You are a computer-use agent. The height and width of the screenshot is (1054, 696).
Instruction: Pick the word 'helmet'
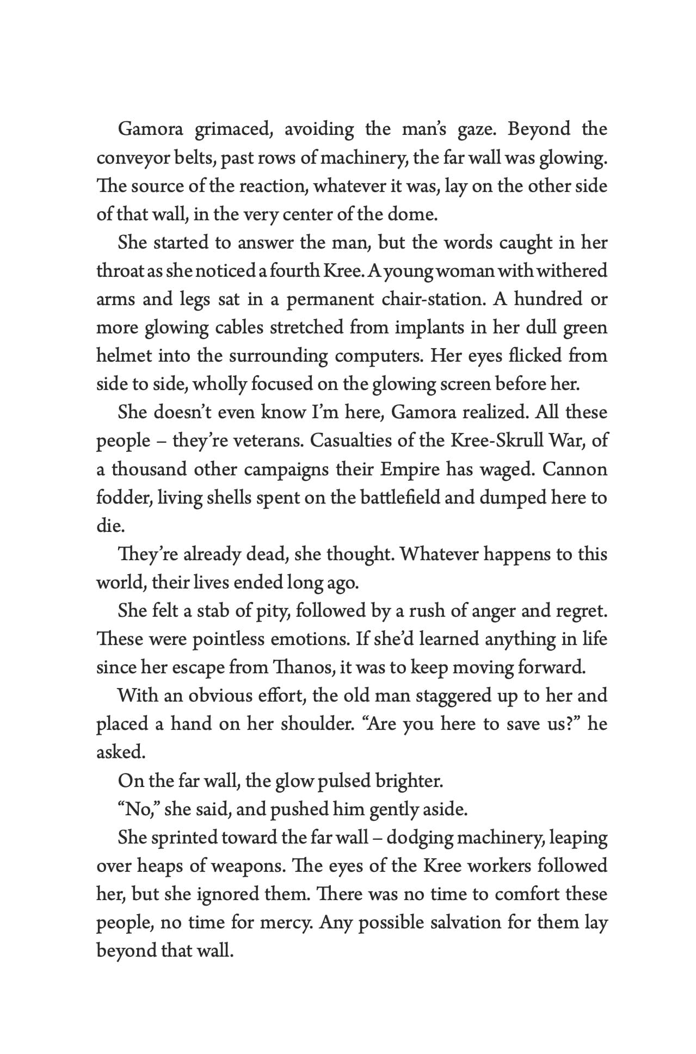tap(122, 356)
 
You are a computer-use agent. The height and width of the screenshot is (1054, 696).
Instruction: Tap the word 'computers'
tap(377, 356)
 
